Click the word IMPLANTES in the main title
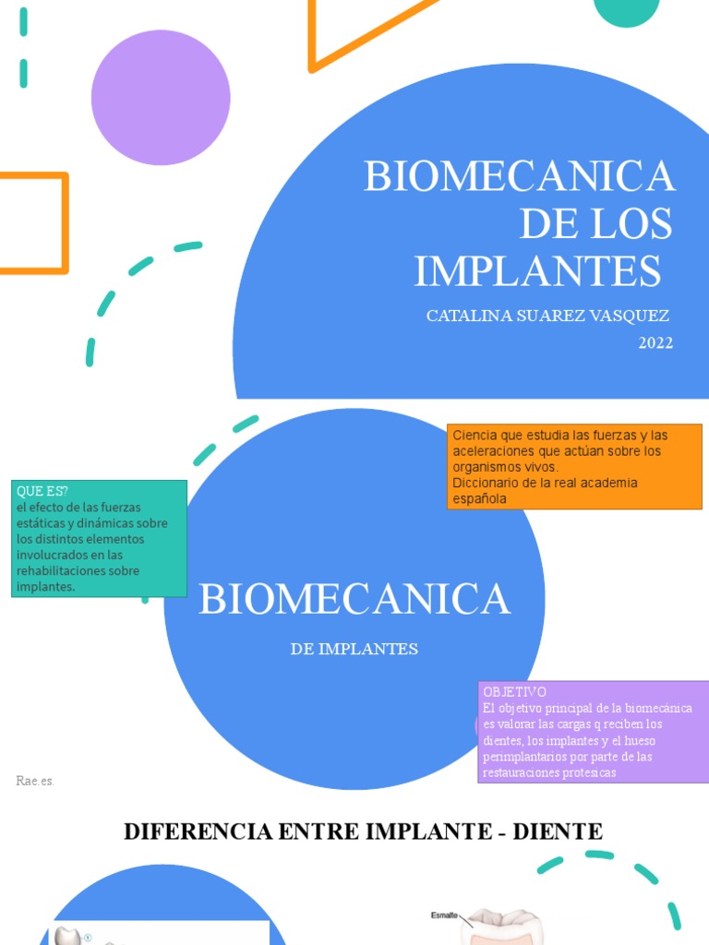click(537, 270)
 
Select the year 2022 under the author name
click(655, 343)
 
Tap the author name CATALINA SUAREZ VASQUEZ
click(547, 317)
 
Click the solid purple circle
click(161, 98)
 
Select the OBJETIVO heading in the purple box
click(514, 692)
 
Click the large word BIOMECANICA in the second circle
click(354, 600)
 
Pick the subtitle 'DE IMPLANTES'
click(354, 649)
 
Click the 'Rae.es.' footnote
click(35, 781)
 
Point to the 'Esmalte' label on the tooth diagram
click(444, 915)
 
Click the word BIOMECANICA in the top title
click(520, 176)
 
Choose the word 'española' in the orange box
click(479, 498)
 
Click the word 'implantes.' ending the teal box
click(45, 586)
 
